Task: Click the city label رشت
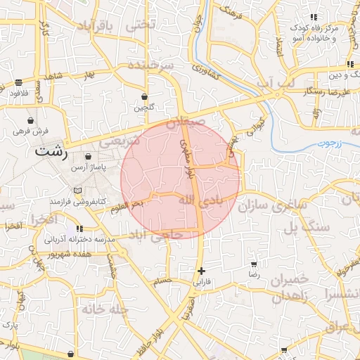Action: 52,150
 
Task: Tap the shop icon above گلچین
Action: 144,97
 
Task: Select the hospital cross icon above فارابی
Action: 202,271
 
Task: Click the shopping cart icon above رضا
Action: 254,265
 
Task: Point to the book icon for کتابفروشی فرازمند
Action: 77,191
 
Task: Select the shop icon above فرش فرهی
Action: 30,120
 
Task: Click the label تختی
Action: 139,25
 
